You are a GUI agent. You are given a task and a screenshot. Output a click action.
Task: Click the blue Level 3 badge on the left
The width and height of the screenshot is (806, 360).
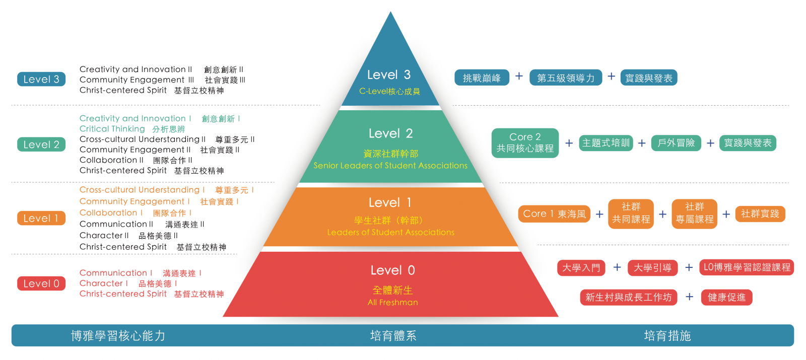click(x=41, y=79)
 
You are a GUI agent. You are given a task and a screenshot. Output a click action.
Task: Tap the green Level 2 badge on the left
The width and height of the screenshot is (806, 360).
click(x=41, y=145)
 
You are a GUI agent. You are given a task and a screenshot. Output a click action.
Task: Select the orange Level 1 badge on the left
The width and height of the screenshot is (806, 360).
click(x=41, y=218)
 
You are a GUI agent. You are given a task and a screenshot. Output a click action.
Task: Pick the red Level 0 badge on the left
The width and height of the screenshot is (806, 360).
click(x=41, y=283)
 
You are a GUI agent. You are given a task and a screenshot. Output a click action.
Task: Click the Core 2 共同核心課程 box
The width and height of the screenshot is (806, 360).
click(x=525, y=143)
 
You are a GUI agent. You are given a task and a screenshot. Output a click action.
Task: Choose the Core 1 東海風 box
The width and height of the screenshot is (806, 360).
click(x=554, y=214)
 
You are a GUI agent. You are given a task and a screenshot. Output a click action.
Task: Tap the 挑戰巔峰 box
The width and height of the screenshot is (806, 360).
click(x=482, y=78)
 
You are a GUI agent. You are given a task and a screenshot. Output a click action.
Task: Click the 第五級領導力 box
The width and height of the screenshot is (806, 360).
click(x=566, y=78)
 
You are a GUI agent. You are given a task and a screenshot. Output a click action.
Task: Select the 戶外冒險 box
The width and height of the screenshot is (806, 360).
click(x=676, y=143)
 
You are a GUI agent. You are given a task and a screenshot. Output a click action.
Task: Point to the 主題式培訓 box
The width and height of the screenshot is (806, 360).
click(x=606, y=143)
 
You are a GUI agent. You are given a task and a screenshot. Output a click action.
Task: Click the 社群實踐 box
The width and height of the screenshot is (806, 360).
click(x=760, y=214)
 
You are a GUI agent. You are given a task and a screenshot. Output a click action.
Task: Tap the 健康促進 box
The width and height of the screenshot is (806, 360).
click(x=726, y=297)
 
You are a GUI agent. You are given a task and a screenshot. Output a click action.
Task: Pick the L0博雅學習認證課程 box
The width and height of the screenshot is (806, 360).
click(x=747, y=267)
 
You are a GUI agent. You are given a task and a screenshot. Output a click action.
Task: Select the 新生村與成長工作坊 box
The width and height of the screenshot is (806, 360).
click(x=628, y=297)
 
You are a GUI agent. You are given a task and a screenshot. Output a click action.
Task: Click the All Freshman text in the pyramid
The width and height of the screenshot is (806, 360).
click(x=392, y=302)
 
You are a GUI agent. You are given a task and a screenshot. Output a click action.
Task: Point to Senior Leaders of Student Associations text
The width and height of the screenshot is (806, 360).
click(x=390, y=165)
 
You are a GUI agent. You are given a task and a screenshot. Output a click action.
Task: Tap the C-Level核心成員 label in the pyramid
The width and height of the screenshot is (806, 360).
click(x=389, y=91)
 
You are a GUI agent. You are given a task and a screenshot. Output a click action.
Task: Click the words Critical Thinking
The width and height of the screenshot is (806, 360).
click(x=112, y=129)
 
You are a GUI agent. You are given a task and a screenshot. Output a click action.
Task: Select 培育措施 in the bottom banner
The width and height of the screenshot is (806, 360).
click(x=667, y=336)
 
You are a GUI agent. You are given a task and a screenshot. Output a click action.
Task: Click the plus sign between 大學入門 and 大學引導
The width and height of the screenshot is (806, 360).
click(x=617, y=267)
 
